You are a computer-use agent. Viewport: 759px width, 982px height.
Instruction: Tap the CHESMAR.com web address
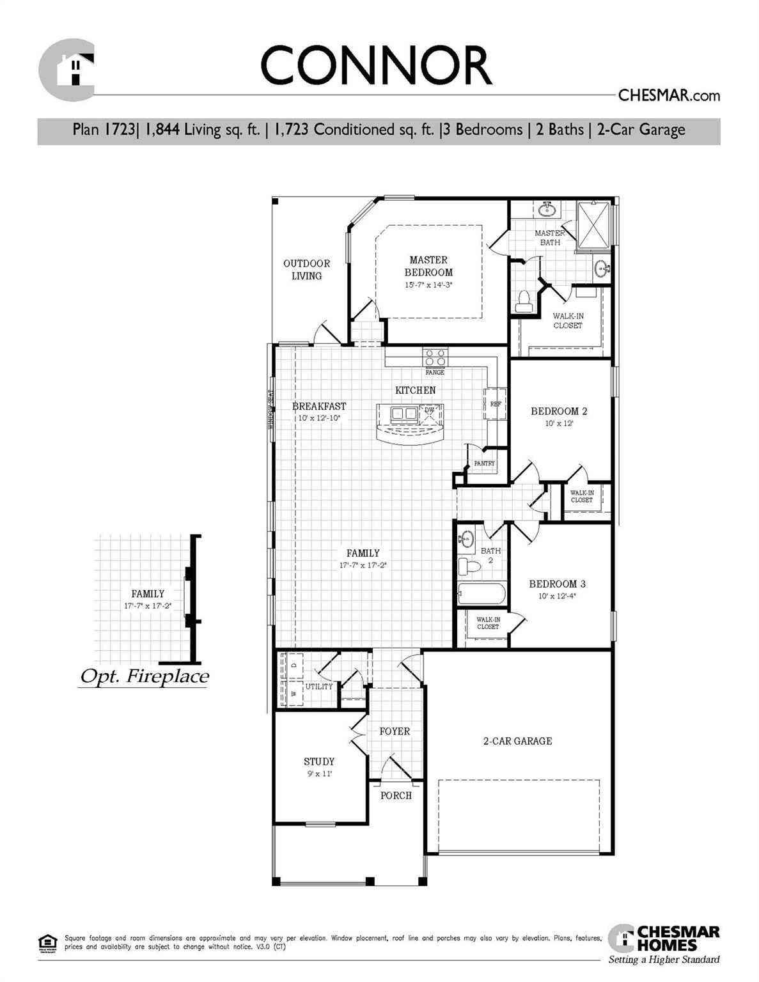click(x=668, y=96)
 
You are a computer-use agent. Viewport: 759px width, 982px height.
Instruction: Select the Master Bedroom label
click(x=428, y=266)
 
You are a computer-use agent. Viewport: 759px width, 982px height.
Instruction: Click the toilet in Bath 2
click(x=470, y=566)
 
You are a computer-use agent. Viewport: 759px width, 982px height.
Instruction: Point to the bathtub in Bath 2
click(x=481, y=593)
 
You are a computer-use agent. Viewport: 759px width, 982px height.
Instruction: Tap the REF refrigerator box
click(x=496, y=404)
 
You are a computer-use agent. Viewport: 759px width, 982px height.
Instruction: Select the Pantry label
click(x=484, y=464)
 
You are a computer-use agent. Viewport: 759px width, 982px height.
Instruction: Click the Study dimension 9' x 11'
click(x=319, y=774)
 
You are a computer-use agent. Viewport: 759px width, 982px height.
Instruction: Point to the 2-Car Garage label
click(x=517, y=741)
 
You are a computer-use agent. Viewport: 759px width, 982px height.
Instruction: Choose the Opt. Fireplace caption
click(x=145, y=676)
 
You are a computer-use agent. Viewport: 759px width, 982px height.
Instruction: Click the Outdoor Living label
click(x=307, y=269)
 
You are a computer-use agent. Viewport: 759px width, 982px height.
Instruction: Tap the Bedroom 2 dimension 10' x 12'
click(x=559, y=423)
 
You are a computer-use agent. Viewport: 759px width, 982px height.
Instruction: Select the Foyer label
click(x=395, y=731)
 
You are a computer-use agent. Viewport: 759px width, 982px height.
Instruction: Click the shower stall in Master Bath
click(x=595, y=224)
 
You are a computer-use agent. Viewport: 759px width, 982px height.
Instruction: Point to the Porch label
click(x=396, y=795)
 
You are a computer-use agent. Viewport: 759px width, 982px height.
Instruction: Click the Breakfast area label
click(x=319, y=406)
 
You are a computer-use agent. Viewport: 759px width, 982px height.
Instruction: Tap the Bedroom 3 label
click(x=557, y=584)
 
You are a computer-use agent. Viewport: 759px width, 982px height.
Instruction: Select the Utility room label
click(x=319, y=687)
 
